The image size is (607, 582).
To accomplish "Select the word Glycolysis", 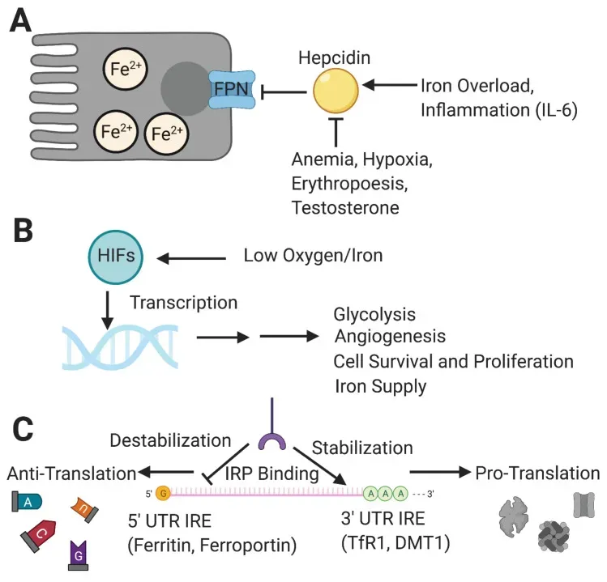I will click(374, 314).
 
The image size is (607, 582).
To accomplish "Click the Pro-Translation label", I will click(537, 473).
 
